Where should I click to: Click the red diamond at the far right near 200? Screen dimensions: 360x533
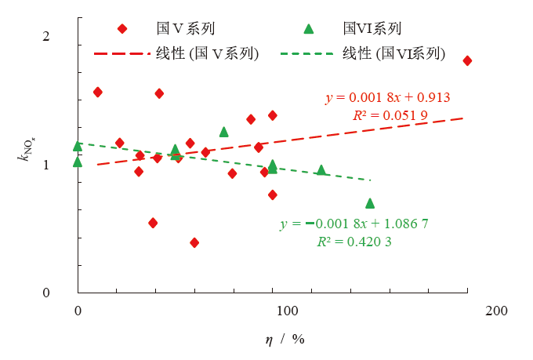(x=467, y=60)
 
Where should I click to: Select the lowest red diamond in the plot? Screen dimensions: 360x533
(x=194, y=242)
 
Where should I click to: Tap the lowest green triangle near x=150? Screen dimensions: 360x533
(x=370, y=203)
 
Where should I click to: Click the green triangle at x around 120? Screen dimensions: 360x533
(x=321, y=170)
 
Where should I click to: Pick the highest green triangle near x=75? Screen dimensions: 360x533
(x=223, y=132)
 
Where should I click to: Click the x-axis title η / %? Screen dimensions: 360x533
(x=284, y=340)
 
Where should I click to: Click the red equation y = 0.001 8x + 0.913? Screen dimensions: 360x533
(x=387, y=98)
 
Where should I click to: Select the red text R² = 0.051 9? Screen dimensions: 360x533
(x=390, y=116)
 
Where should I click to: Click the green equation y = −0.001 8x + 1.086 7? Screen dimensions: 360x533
(x=354, y=224)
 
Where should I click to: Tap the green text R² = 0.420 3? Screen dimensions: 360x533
(x=354, y=242)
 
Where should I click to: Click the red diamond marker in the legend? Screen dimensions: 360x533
(x=121, y=29)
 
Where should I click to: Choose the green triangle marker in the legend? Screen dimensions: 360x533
(x=309, y=29)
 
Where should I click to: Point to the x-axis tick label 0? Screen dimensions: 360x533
(x=78, y=311)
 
